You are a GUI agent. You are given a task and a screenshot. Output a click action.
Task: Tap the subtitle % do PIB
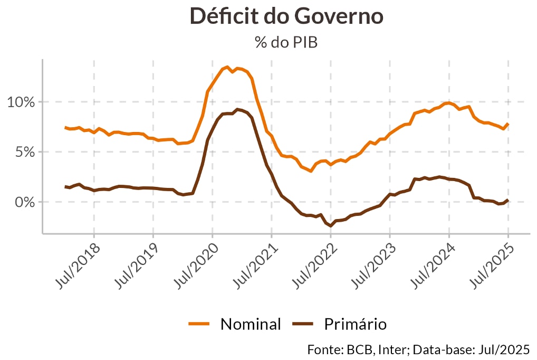286,42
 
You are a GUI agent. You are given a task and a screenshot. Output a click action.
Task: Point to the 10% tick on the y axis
21,102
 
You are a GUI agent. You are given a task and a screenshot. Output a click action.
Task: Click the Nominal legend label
251,324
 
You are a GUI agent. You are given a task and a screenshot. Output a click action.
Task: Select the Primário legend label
355,324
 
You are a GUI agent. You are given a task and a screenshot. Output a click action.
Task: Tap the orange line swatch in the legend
199,324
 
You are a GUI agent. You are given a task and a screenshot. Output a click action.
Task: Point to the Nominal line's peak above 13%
227,67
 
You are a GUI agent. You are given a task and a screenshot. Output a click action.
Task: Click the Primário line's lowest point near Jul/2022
331,225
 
